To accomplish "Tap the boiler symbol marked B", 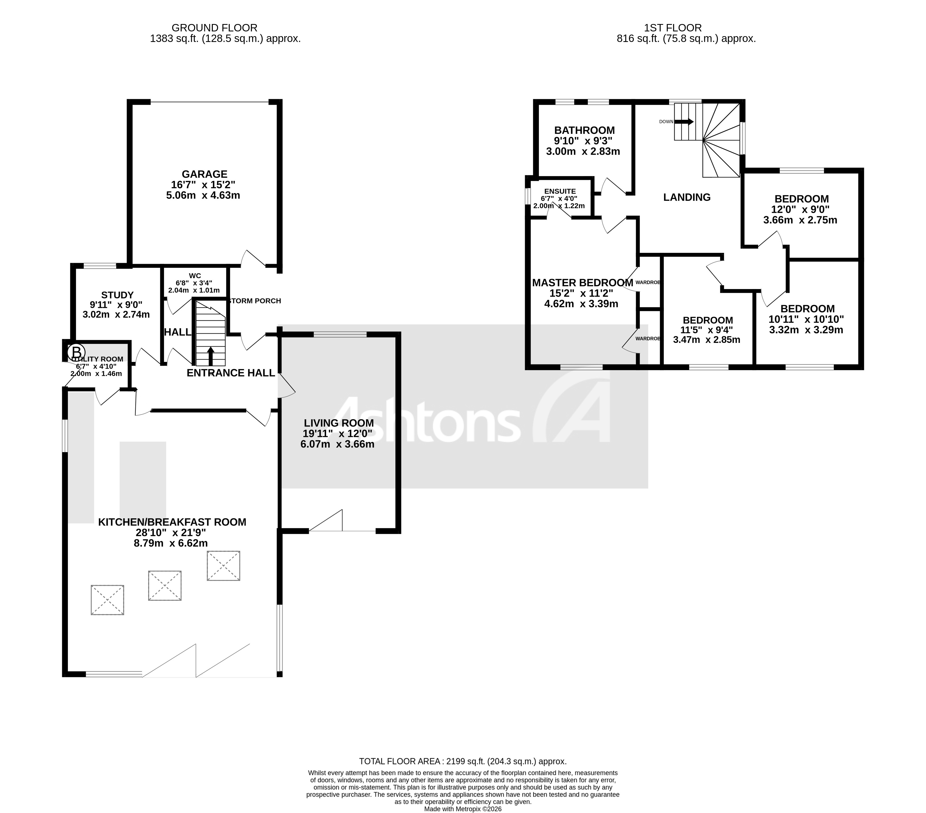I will click(x=76, y=352).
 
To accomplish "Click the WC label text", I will click(x=195, y=275).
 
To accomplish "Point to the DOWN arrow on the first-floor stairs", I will click(x=684, y=121).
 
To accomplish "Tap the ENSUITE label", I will click(x=560, y=191).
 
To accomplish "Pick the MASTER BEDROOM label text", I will click(x=582, y=283).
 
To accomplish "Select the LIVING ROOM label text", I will click(x=339, y=423).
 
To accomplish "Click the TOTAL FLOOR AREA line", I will click(x=463, y=761).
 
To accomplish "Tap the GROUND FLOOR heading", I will click(x=214, y=28).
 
